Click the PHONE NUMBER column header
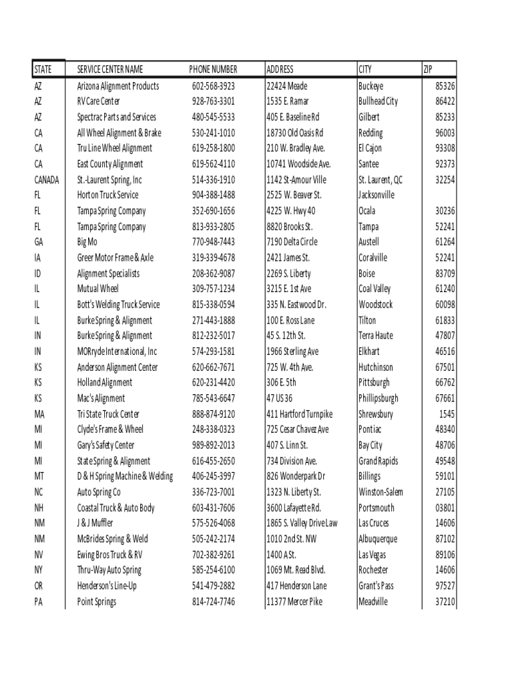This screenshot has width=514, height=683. (x=213, y=69)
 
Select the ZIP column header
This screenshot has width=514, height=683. (x=428, y=69)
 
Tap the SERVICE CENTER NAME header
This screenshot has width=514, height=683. (x=110, y=69)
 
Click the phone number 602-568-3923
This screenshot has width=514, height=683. (x=214, y=86)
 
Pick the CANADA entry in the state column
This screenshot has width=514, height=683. (x=47, y=179)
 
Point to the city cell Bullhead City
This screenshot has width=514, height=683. (x=378, y=101)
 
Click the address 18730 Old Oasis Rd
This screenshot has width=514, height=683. (x=295, y=133)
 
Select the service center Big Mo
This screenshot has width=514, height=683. (x=87, y=242)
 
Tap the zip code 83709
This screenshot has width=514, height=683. (x=445, y=273)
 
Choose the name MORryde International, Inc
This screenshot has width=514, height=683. (x=117, y=352)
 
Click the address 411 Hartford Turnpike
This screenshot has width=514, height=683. (x=299, y=414)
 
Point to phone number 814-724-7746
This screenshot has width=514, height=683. (x=214, y=602)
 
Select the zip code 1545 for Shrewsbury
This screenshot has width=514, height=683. (x=447, y=414)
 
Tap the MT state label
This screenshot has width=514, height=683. (x=39, y=476)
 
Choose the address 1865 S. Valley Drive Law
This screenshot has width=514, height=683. (x=302, y=524)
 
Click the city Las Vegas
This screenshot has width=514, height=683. (x=372, y=555)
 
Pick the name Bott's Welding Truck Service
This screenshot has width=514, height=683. (x=119, y=305)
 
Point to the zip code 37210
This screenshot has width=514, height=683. (x=445, y=602)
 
